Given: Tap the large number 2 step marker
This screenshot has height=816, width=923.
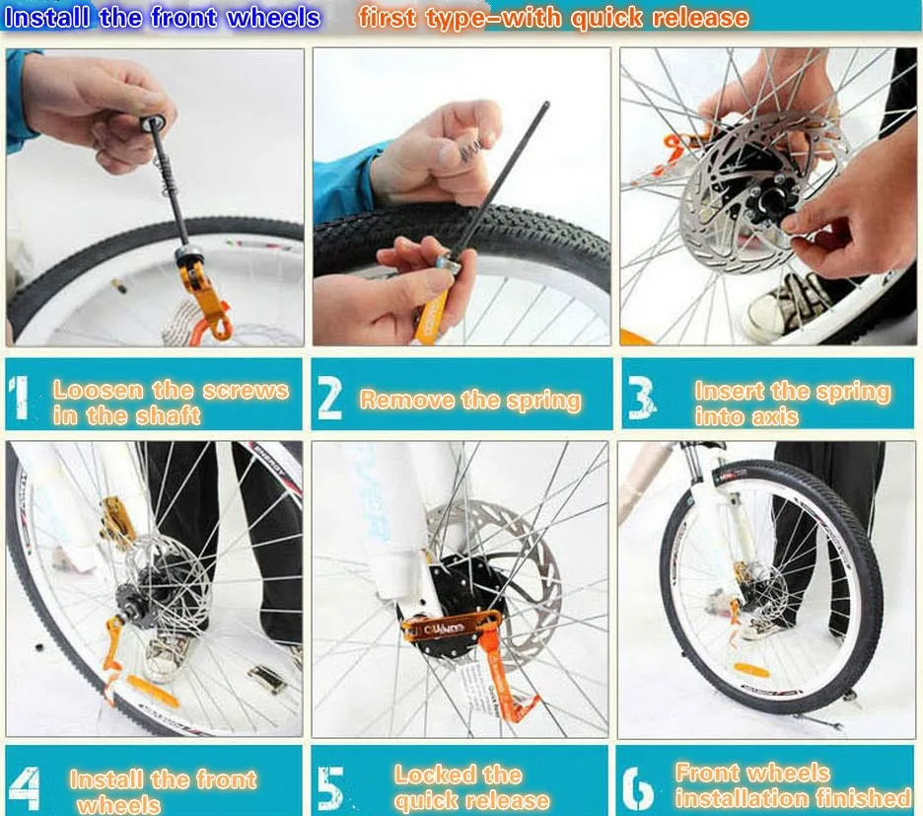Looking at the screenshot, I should point(330,398).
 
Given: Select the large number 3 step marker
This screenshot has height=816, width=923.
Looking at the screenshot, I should point(641,398).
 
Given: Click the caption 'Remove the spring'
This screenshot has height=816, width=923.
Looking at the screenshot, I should point(470,400).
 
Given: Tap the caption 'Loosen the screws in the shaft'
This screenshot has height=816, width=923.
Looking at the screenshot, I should point(171,402).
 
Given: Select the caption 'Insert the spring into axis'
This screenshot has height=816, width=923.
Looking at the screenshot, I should point(792,403).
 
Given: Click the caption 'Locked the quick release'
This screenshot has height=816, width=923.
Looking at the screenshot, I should point(471,786).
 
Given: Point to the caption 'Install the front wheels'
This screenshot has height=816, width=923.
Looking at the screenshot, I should point(163,790).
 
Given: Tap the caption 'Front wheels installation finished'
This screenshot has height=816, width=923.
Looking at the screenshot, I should point(793,784).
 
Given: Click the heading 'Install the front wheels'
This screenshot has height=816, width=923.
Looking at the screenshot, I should point(163,17).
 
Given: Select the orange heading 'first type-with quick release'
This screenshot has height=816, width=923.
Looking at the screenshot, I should point(553,17).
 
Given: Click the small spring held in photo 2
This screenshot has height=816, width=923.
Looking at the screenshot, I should point(453,154).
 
